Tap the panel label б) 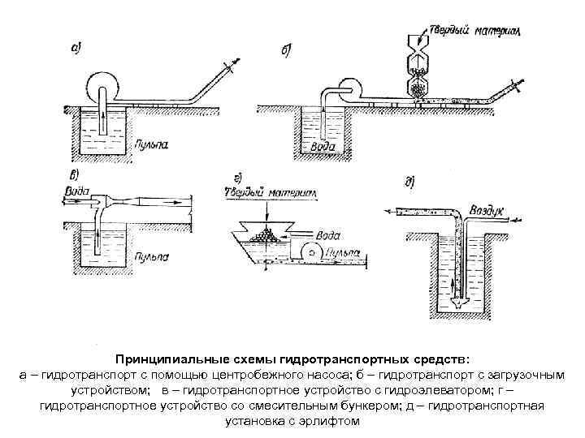287,51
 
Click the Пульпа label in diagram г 340,254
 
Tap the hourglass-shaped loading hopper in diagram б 418,66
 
